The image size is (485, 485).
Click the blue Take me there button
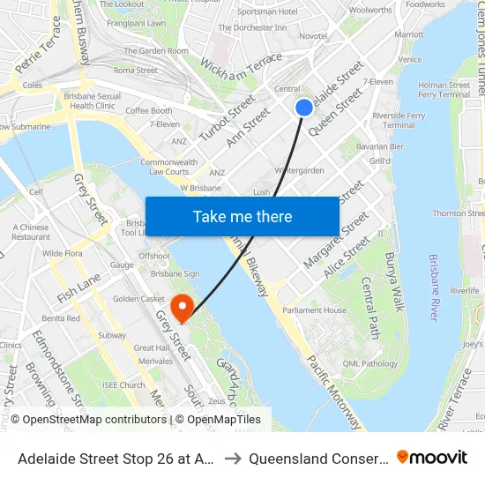click(242, 217)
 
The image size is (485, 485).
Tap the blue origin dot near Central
click(304, 108)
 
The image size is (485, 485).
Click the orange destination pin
click(183, 308)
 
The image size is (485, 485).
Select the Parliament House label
click(314, 310)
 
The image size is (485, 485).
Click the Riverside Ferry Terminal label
click(399, 120)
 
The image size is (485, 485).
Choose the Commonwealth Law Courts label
click(168, 167)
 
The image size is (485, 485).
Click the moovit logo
click(432, 458)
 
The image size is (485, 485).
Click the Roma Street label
click(136, 71)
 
